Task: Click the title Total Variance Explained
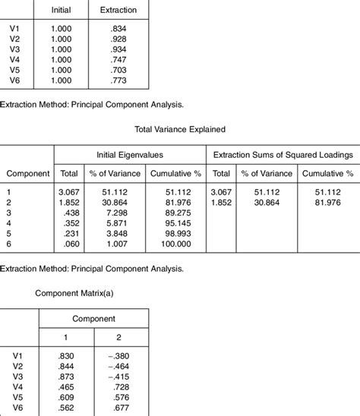pyautogui.click(x=180, y=129)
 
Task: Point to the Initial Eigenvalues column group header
pyautogui.click(x=129, y=154)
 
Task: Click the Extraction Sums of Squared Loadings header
pyautogui.click(x=283, y=154)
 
